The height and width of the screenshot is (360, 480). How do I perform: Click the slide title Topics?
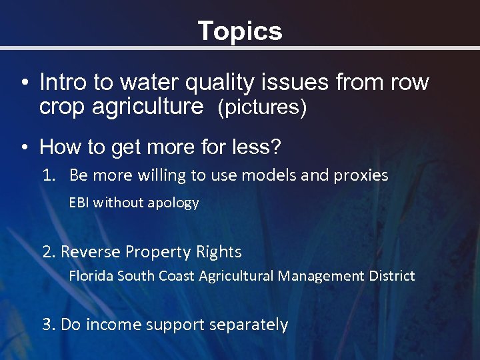(x=240, y=31)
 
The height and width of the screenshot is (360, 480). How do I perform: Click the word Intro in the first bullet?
(x=63, y=83)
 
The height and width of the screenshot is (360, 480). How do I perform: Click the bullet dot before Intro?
(x=24, y=84)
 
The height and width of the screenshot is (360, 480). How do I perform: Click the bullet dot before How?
(x=24, y=147)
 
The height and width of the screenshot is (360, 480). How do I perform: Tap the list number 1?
(x=47, y=175)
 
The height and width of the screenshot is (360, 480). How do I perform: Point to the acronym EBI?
(x=79, y=203)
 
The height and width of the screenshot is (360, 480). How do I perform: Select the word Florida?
(x=91, y=275)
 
